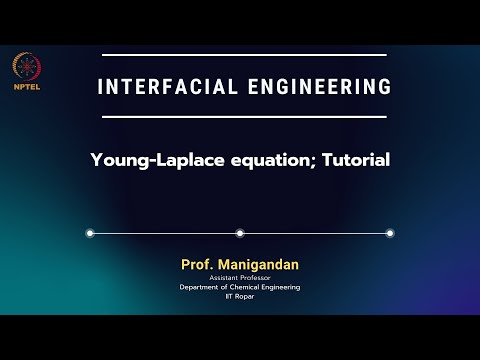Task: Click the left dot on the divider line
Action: pyautogui.click(x=90, y=233)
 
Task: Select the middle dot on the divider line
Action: pyautogui.click(x=240, y=233)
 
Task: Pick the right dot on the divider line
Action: pyautogui.click(x=390, y=233)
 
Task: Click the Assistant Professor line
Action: pyautogui.click(x=240, y=278)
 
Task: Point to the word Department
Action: pyautogui.click(x=203, y=287)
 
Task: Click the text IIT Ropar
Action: pyautogui.click(x=240, y=296)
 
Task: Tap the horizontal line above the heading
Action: pyautogui.click(x=240, y=55)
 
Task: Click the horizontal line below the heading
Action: pyautogui.click(x=240, y=117)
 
